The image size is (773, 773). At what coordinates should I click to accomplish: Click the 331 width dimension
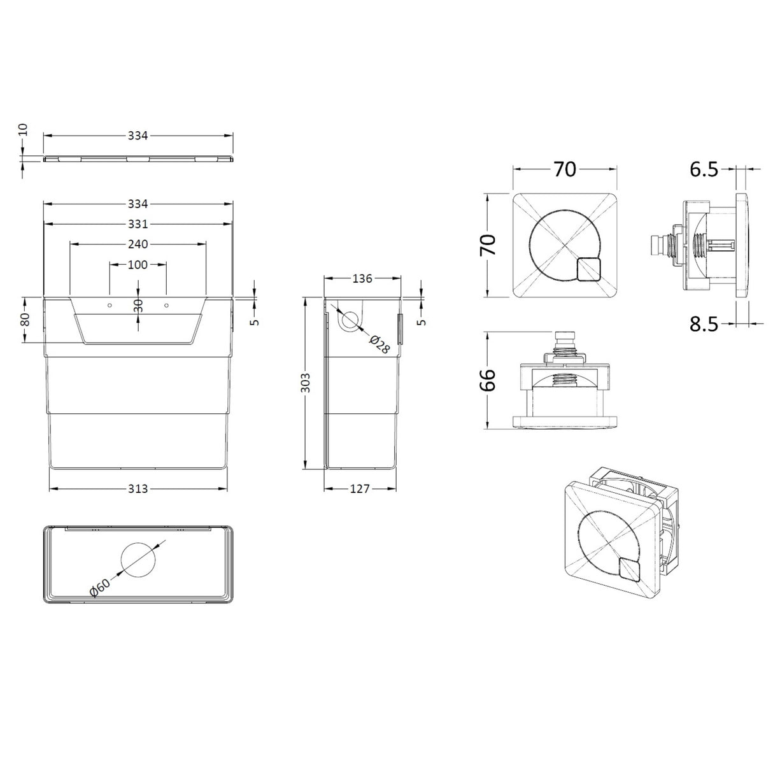pos(138,224)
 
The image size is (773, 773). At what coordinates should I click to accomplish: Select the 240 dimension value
pos(138,244)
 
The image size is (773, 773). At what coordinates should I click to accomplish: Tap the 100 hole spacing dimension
pos(138,264)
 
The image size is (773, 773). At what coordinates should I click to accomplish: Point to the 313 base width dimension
pos(138,488)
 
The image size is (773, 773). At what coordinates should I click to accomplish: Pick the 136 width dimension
pos(362,278)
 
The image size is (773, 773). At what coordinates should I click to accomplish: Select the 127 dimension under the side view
pos(360,488)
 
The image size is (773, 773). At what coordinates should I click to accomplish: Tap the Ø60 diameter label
pos(100,586)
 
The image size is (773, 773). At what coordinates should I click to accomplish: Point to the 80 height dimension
pos(25,320)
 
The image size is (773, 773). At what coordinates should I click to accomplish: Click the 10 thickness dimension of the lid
pos(23,130)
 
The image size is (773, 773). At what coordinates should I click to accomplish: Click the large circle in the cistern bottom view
pos(138,560)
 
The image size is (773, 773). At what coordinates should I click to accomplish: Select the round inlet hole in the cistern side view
pos(349,320)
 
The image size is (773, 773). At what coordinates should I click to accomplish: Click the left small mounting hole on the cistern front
pos(110,306)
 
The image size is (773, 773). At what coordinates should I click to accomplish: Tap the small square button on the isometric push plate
pos(630,569)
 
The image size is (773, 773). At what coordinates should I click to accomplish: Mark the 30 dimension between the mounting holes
pos(138,306)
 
